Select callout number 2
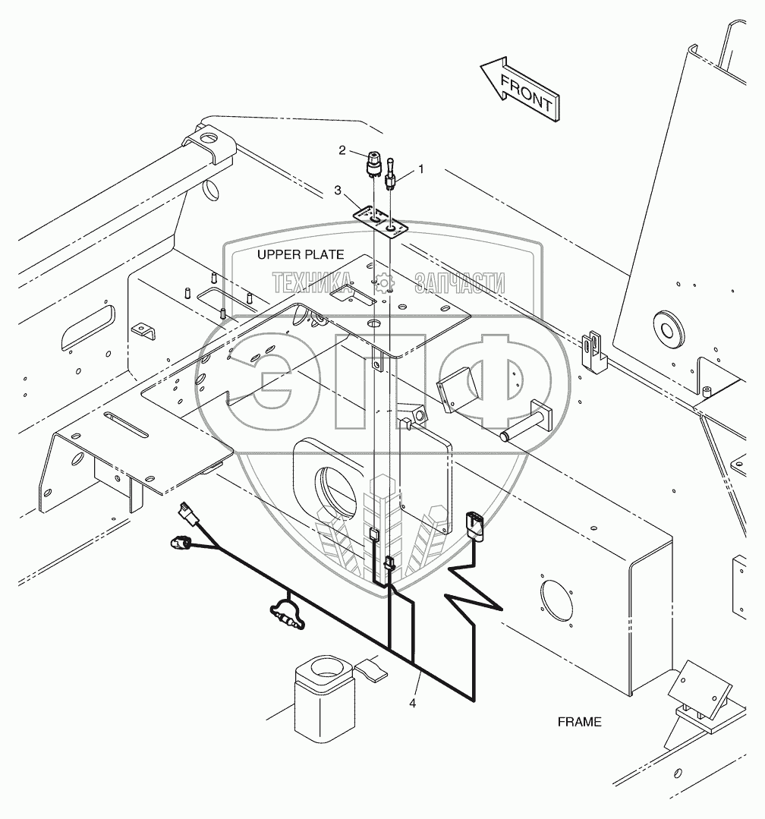342,150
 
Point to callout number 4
412,703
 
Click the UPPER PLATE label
300,254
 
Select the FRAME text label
579,722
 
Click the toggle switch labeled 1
391,172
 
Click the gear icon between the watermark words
384,283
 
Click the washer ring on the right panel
669,327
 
